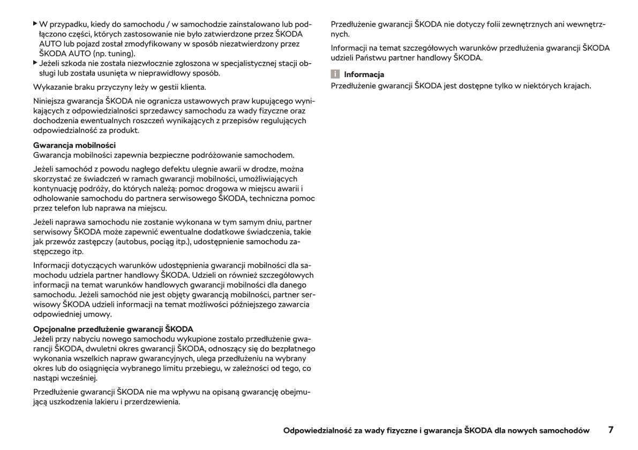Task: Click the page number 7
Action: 611,430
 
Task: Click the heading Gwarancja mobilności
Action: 74,145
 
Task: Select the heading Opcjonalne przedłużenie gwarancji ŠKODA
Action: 113,328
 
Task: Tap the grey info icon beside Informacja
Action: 335,74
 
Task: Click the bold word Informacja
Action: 364,74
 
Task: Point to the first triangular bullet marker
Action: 35,24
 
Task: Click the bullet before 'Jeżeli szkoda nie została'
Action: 35,63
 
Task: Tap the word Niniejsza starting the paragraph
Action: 50,100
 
